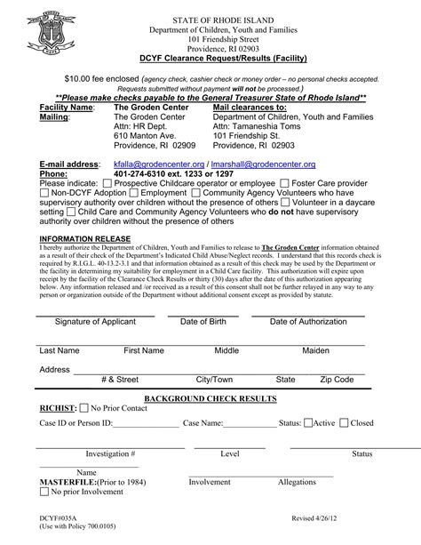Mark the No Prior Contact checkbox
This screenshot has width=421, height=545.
(85, 408)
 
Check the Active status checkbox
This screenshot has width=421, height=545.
(308, 423)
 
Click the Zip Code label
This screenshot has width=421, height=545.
(337, 379)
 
